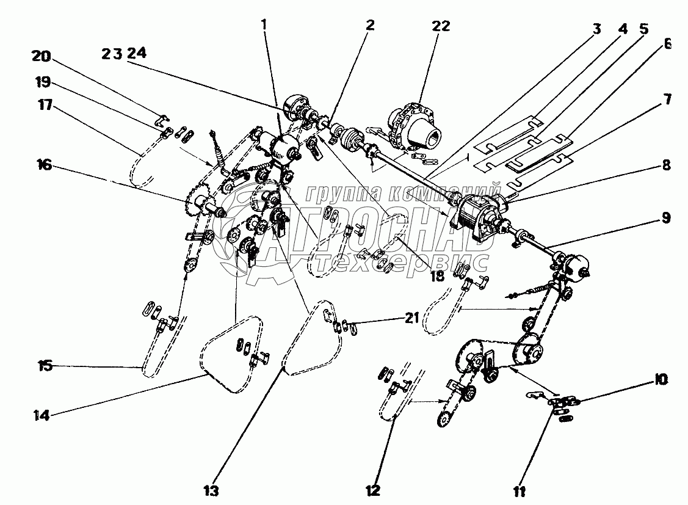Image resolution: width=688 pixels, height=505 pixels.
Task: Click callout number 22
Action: [x=441, y=26]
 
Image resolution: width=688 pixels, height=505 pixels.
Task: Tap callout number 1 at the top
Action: [x=264, y=25]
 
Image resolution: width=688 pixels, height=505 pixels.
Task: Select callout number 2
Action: [x=370, y=26]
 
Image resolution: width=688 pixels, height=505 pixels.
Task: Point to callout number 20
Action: [x=42, y=57]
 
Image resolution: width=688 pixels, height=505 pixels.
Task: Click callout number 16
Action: [x=45, y=165]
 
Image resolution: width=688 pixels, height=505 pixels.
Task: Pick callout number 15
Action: [x=45, y=366]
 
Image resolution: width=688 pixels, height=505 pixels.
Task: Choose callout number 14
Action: [x=42, y=415]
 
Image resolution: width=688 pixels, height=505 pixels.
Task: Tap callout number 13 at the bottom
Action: [x=211, y=490]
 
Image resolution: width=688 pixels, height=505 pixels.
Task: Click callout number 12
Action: [x=372, y=490]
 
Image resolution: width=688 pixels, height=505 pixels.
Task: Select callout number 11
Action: [x=519, y=492]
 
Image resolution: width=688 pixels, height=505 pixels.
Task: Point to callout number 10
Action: [x=661, y=379]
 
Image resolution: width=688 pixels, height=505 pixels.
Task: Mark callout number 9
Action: [x=666, y=218]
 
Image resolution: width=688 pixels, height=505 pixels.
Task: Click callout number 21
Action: [x=411, y=318]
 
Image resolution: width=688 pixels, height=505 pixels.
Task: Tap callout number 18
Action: [x=438, y=276]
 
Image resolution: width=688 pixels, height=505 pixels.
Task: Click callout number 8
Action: [x=666, y=165]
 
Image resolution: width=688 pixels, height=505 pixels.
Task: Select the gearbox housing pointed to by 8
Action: [x=476, y=216]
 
